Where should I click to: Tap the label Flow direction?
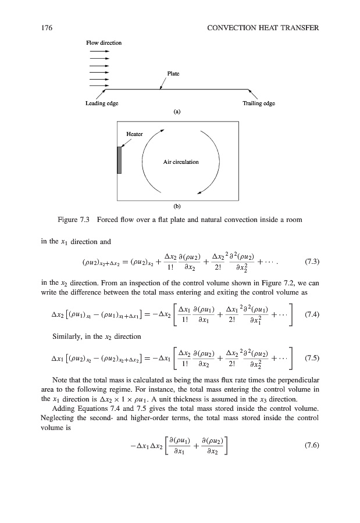(x=104, y=43)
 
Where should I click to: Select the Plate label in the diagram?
(x=173, y=74)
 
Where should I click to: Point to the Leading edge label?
(x=102, y=103)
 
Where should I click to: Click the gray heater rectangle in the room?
(x=119, y=160)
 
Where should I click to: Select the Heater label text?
(x=135, y=134)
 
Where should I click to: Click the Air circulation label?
(x=181, y=162)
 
